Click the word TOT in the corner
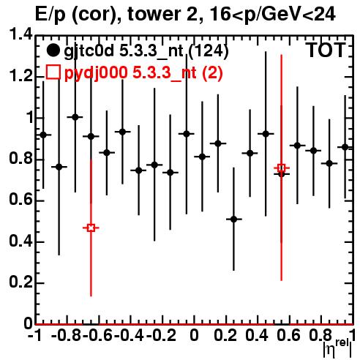coord(326,50)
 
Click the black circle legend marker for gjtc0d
coord(53,50)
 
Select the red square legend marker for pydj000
coord(53,72)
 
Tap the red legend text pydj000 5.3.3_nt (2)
coord(143,73)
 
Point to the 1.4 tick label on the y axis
coord(20,34)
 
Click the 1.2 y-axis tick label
coord(20,76)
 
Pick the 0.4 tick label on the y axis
coord(20,241)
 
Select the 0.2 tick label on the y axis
coord(20,282)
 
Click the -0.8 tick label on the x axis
coord(67,335)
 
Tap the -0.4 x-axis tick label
coord(130,335)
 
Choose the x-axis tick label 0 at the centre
coord(194,335)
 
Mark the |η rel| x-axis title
coord(338,348)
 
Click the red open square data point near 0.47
coord(91,228)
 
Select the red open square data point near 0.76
coord(282,168)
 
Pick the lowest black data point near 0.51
coord(233,220)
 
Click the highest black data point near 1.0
coord(75,117)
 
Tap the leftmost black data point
coord(43,135)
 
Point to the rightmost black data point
coord(345,147)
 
